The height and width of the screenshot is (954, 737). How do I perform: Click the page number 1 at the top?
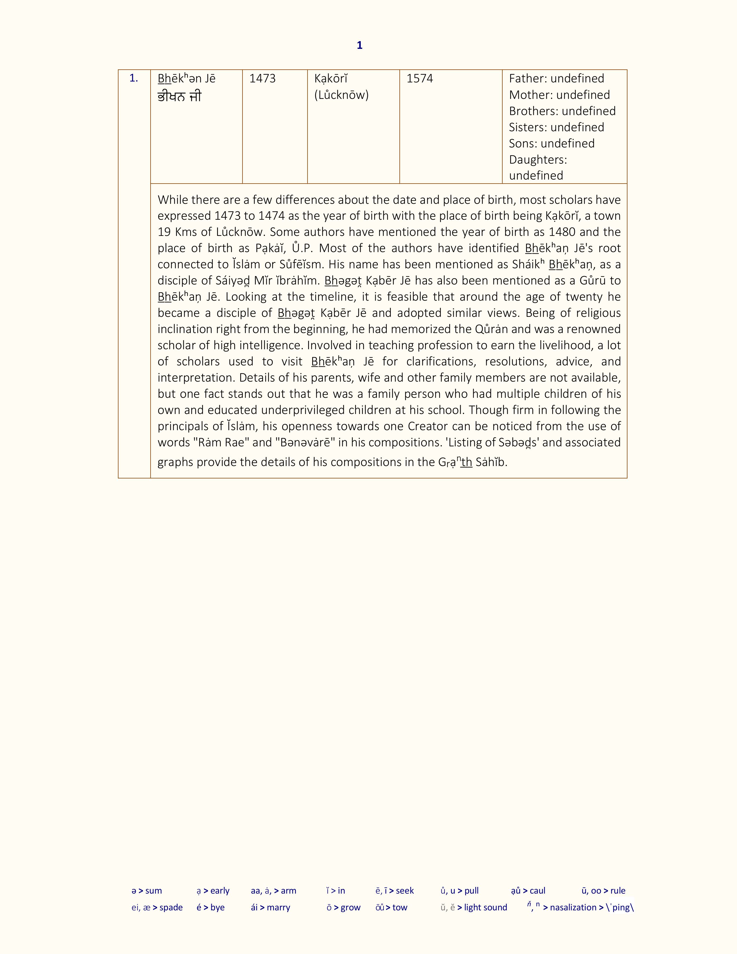click(359, 45)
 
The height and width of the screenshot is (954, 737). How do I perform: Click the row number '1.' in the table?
click(134, 79)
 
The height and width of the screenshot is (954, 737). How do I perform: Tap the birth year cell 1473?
click(262, 79)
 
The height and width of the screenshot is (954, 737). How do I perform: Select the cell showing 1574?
click(420, 79)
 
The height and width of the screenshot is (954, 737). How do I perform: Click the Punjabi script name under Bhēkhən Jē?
click(179, 97)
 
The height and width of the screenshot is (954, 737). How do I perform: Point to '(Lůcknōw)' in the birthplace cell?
click(341, 95)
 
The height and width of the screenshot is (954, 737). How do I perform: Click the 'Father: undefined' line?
click(556, 79)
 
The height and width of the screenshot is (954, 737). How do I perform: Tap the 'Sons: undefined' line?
click(551, 143)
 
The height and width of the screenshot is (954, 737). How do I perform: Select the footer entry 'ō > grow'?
click(344, 907)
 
